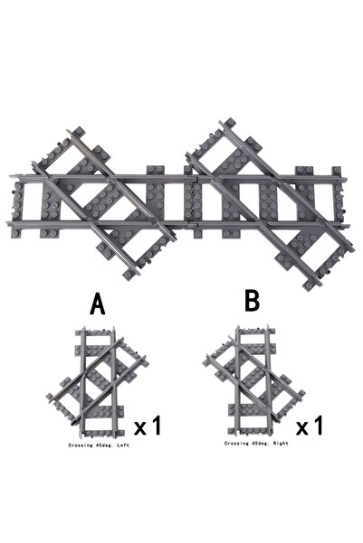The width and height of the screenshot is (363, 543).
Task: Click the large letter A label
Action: pos(98,304)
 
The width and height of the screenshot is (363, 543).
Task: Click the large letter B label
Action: pos(252,301)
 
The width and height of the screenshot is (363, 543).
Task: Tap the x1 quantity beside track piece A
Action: pos(148,426)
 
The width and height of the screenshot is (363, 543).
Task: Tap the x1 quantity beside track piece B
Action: pos(310,426)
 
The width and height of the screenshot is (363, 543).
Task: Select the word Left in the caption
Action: pos(123,445)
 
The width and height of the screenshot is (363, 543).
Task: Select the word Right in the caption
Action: pos(282,444)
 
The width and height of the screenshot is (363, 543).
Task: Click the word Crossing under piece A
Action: pos(81,445)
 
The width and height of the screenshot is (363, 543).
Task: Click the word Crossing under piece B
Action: pos(236,444)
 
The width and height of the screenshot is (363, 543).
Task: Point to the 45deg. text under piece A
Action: pos(105,445)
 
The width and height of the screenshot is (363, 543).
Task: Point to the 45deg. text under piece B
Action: pos(261,444)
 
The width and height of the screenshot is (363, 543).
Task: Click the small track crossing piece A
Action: pos(98,381)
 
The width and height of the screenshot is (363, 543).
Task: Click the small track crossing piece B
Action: pos(253,380)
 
